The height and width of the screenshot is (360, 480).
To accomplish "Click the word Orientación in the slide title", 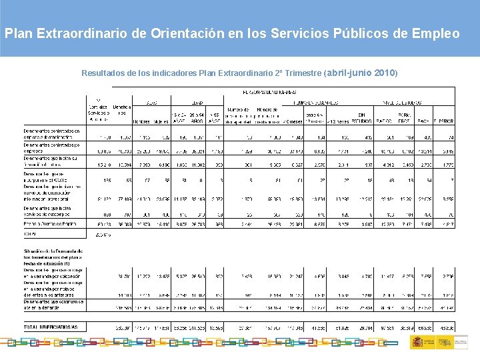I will point(169,33).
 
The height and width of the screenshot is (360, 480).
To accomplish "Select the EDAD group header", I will point(197,103).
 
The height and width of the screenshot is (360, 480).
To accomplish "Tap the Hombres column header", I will point(141,121).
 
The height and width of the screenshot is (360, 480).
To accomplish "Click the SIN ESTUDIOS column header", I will point(366,118).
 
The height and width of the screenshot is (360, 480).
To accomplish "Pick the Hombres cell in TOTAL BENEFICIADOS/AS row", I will point(142,328).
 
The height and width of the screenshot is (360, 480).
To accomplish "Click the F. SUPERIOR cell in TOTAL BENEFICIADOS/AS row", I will point(447,328).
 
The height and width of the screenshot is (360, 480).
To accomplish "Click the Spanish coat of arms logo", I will point(415,342).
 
